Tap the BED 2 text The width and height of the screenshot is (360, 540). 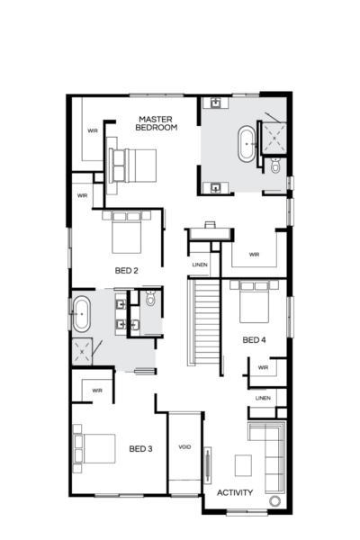pos(127,270)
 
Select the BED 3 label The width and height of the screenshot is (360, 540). pos(139,448)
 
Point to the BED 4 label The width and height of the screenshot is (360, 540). pos(255,340)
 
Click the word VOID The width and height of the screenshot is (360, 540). pos(184,446)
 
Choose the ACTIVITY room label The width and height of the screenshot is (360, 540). pos(235,492)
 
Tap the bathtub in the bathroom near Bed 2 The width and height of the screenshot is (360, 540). pos(81,314)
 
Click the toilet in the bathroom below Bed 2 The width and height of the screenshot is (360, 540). pos(150,298)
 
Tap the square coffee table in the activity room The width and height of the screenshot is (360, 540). pos(244,464)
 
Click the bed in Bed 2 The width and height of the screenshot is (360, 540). pos(123,230)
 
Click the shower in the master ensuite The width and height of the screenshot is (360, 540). pos(270,135)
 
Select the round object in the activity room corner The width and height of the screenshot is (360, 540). pos(274,500)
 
